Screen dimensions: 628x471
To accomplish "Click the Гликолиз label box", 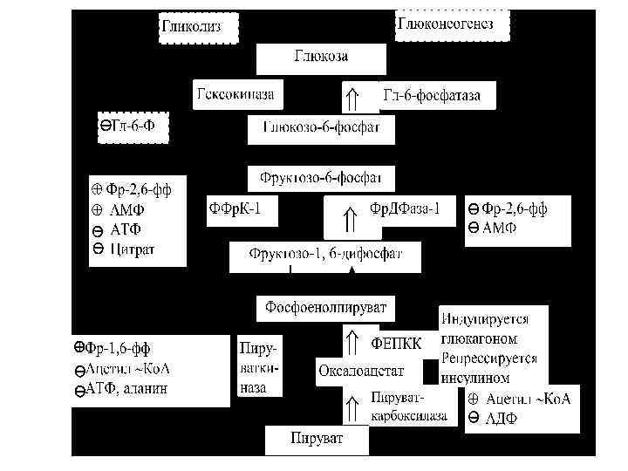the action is coord(190,26).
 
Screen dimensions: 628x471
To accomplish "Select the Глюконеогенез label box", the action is coord(453,24).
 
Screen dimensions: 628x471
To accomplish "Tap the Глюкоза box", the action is coord(320,58).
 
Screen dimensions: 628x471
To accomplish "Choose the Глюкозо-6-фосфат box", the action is coord(320,129).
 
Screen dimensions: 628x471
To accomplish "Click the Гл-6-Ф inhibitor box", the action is coord(131,127).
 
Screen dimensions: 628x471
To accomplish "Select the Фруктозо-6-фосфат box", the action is coord(321,178).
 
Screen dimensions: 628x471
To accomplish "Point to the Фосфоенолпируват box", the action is coord(325,308).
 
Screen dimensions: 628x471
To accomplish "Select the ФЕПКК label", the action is coord(397,343).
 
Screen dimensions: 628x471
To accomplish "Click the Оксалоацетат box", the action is coord(360,372).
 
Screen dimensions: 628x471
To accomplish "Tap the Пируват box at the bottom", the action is coord(317,436).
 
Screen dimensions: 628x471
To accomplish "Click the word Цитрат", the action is coord(133,250).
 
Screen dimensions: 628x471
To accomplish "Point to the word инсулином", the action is coord(475,379).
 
